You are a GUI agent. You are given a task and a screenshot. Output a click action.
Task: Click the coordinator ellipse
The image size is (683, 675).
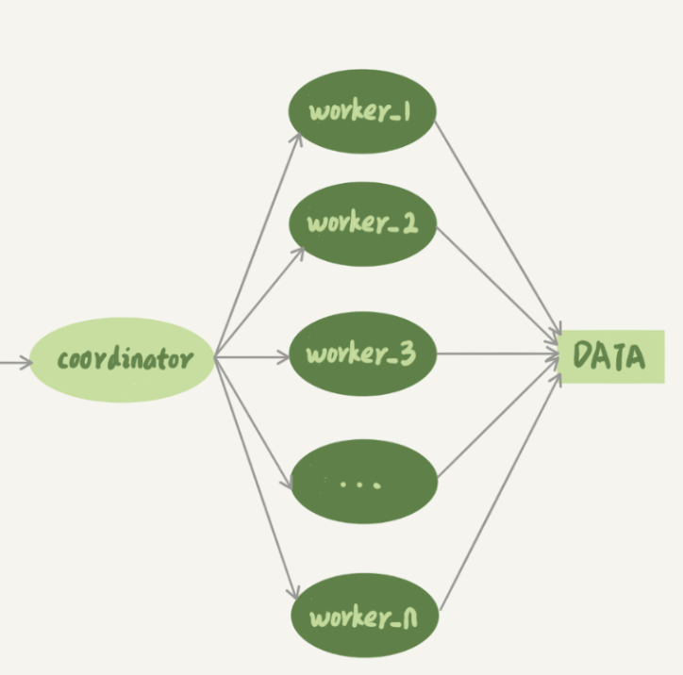coord(123,359)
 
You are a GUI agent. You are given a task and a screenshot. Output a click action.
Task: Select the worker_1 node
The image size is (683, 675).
coord(361,111)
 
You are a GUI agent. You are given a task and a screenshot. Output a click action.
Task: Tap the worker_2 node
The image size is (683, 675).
coord(361,223)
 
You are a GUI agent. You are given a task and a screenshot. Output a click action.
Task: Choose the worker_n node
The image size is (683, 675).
coord(364,617)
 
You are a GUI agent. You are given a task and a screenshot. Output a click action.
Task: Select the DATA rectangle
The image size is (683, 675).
coord(611,357)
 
